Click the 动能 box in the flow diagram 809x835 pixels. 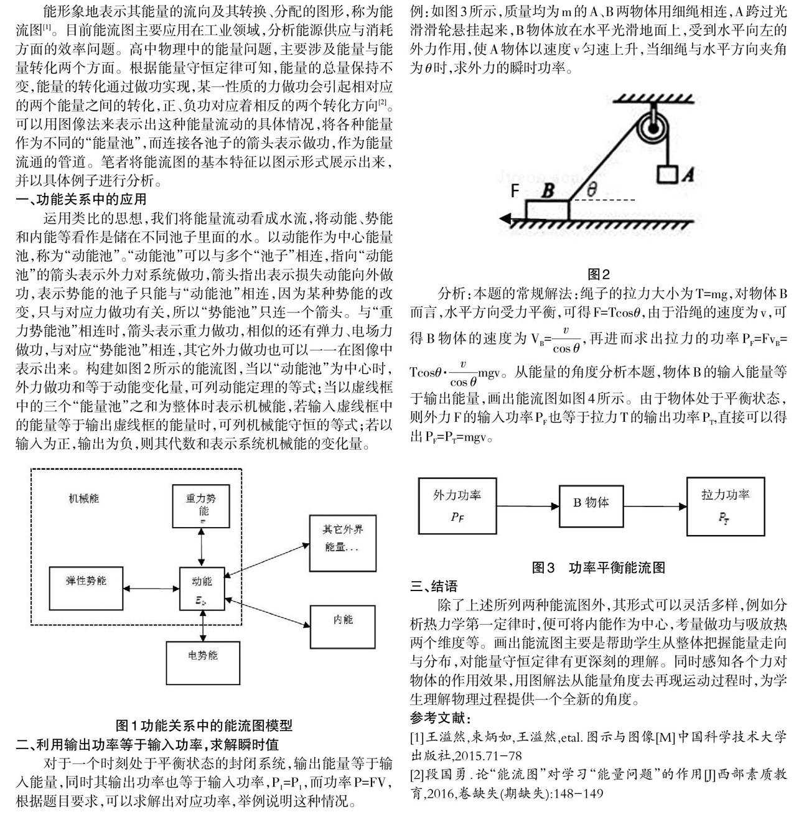click(202, 589)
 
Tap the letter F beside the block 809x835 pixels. click(515, 190)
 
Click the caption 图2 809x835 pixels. click(599, 274)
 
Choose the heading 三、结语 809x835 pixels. click(434, 586)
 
